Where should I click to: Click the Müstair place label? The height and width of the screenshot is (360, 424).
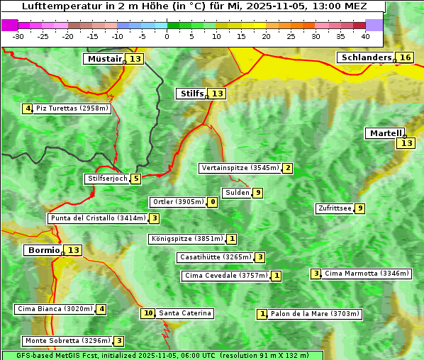(104, 59)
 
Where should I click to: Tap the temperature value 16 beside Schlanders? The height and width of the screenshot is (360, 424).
(405, 57)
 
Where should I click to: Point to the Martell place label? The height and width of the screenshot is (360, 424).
(385, 133)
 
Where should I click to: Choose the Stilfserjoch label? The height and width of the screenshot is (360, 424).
(107, 179)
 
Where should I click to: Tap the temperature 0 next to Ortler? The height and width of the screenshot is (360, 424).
(213, 202)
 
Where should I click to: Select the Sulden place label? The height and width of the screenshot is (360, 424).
(237, 193)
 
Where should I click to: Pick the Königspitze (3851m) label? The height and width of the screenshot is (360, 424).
(187, 239)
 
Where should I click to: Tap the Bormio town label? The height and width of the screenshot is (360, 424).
(43, 250)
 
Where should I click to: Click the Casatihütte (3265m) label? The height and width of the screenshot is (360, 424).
(215, 257)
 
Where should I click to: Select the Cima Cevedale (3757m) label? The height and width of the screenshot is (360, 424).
(225, 276)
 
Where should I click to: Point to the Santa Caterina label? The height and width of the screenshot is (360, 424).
(184, 313)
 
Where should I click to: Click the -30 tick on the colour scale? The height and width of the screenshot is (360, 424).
(18, 35)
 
